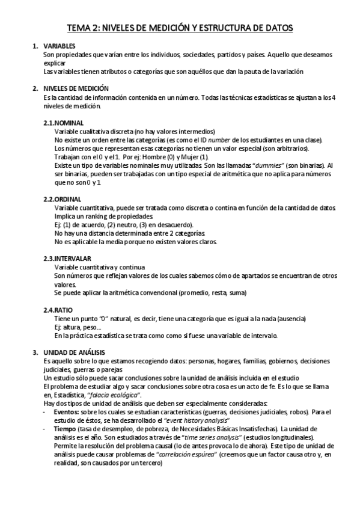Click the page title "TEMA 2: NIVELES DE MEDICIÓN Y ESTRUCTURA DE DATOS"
[180, 28]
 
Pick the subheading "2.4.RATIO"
[58, 309]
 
